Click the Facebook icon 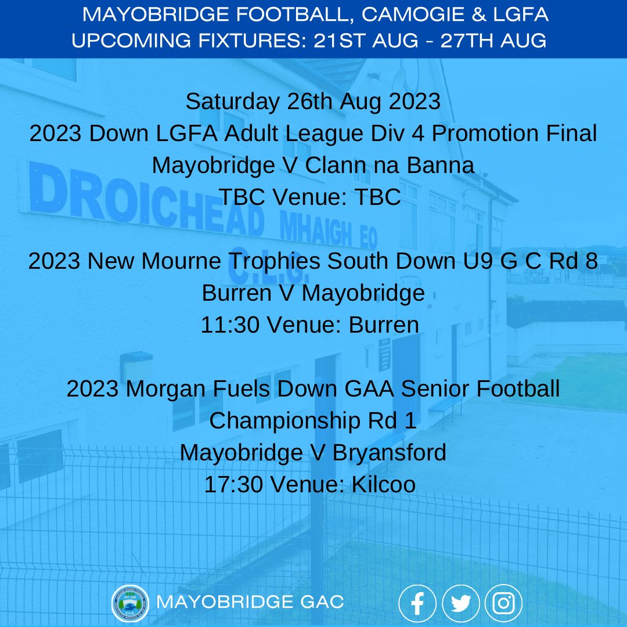(417, 603)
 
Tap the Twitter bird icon (460, 603)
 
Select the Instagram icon (503, 603)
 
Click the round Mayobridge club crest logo (130, 603)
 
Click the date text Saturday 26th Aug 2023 (313, 102)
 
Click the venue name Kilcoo (384, 485)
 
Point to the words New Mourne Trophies (203, 261)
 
